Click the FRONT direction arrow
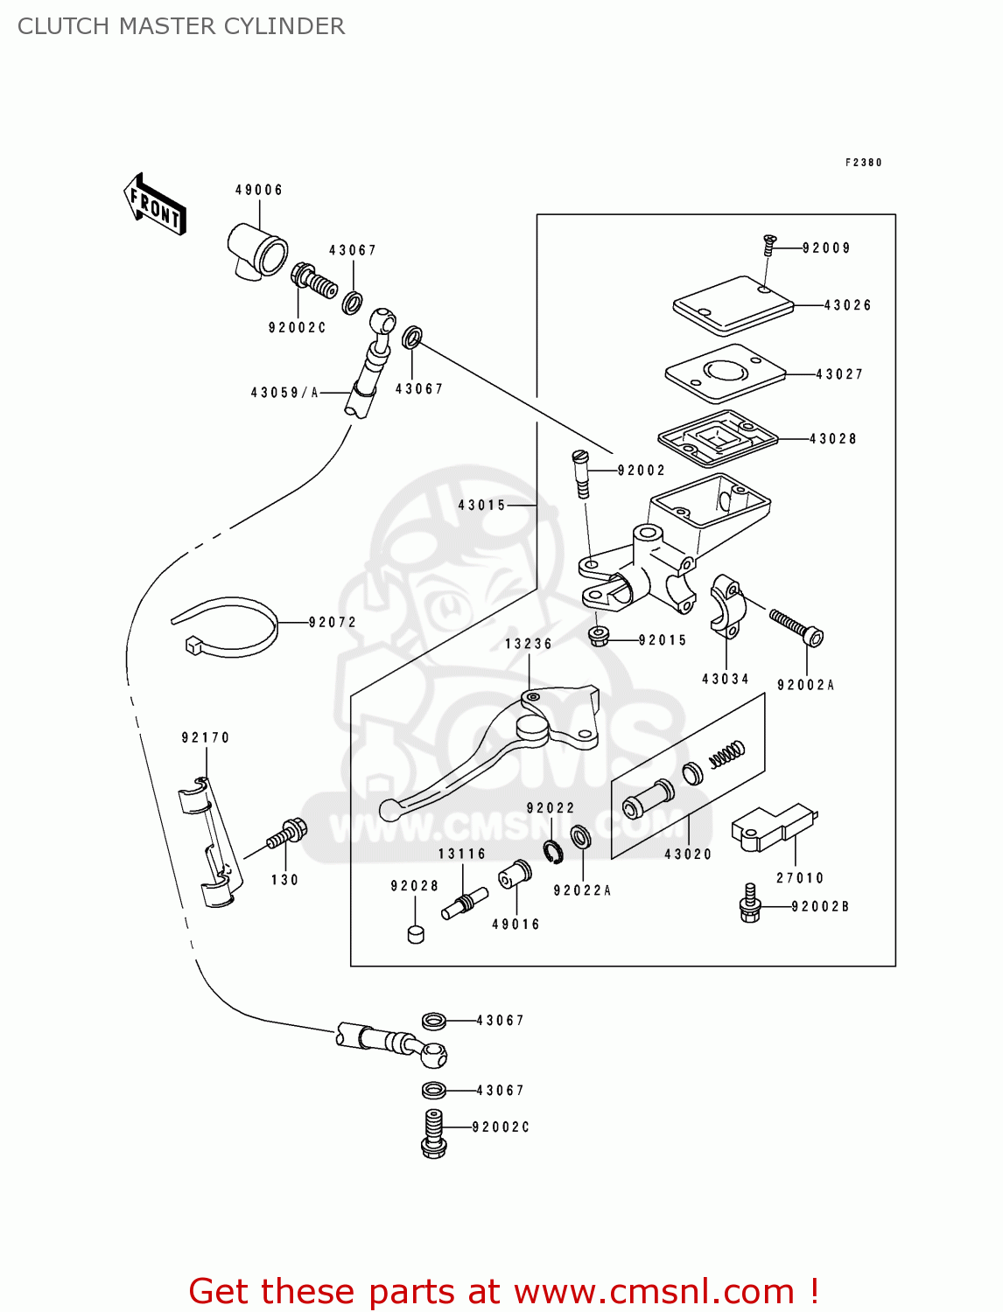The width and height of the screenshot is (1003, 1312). (x=155, y=204)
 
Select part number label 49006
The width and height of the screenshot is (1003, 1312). (x=259, y=190)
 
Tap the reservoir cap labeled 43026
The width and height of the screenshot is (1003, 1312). (x=733, y=305)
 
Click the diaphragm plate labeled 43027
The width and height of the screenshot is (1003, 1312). (x=725, y=373)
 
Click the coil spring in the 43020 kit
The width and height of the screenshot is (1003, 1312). (x=726, y=754)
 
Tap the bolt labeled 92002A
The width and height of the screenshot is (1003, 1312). (x=796, y=628)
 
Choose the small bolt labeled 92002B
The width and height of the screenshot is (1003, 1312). (x=750, y=904)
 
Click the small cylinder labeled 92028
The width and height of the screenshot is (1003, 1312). (x=416, y=932)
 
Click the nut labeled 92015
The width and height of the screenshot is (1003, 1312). (x=599, y=636)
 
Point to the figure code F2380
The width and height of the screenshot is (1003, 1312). (x=863, y=163)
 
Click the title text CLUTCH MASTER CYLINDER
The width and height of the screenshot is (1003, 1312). (x=181, y=26)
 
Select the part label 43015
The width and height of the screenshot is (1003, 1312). (x=482, y=505)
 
